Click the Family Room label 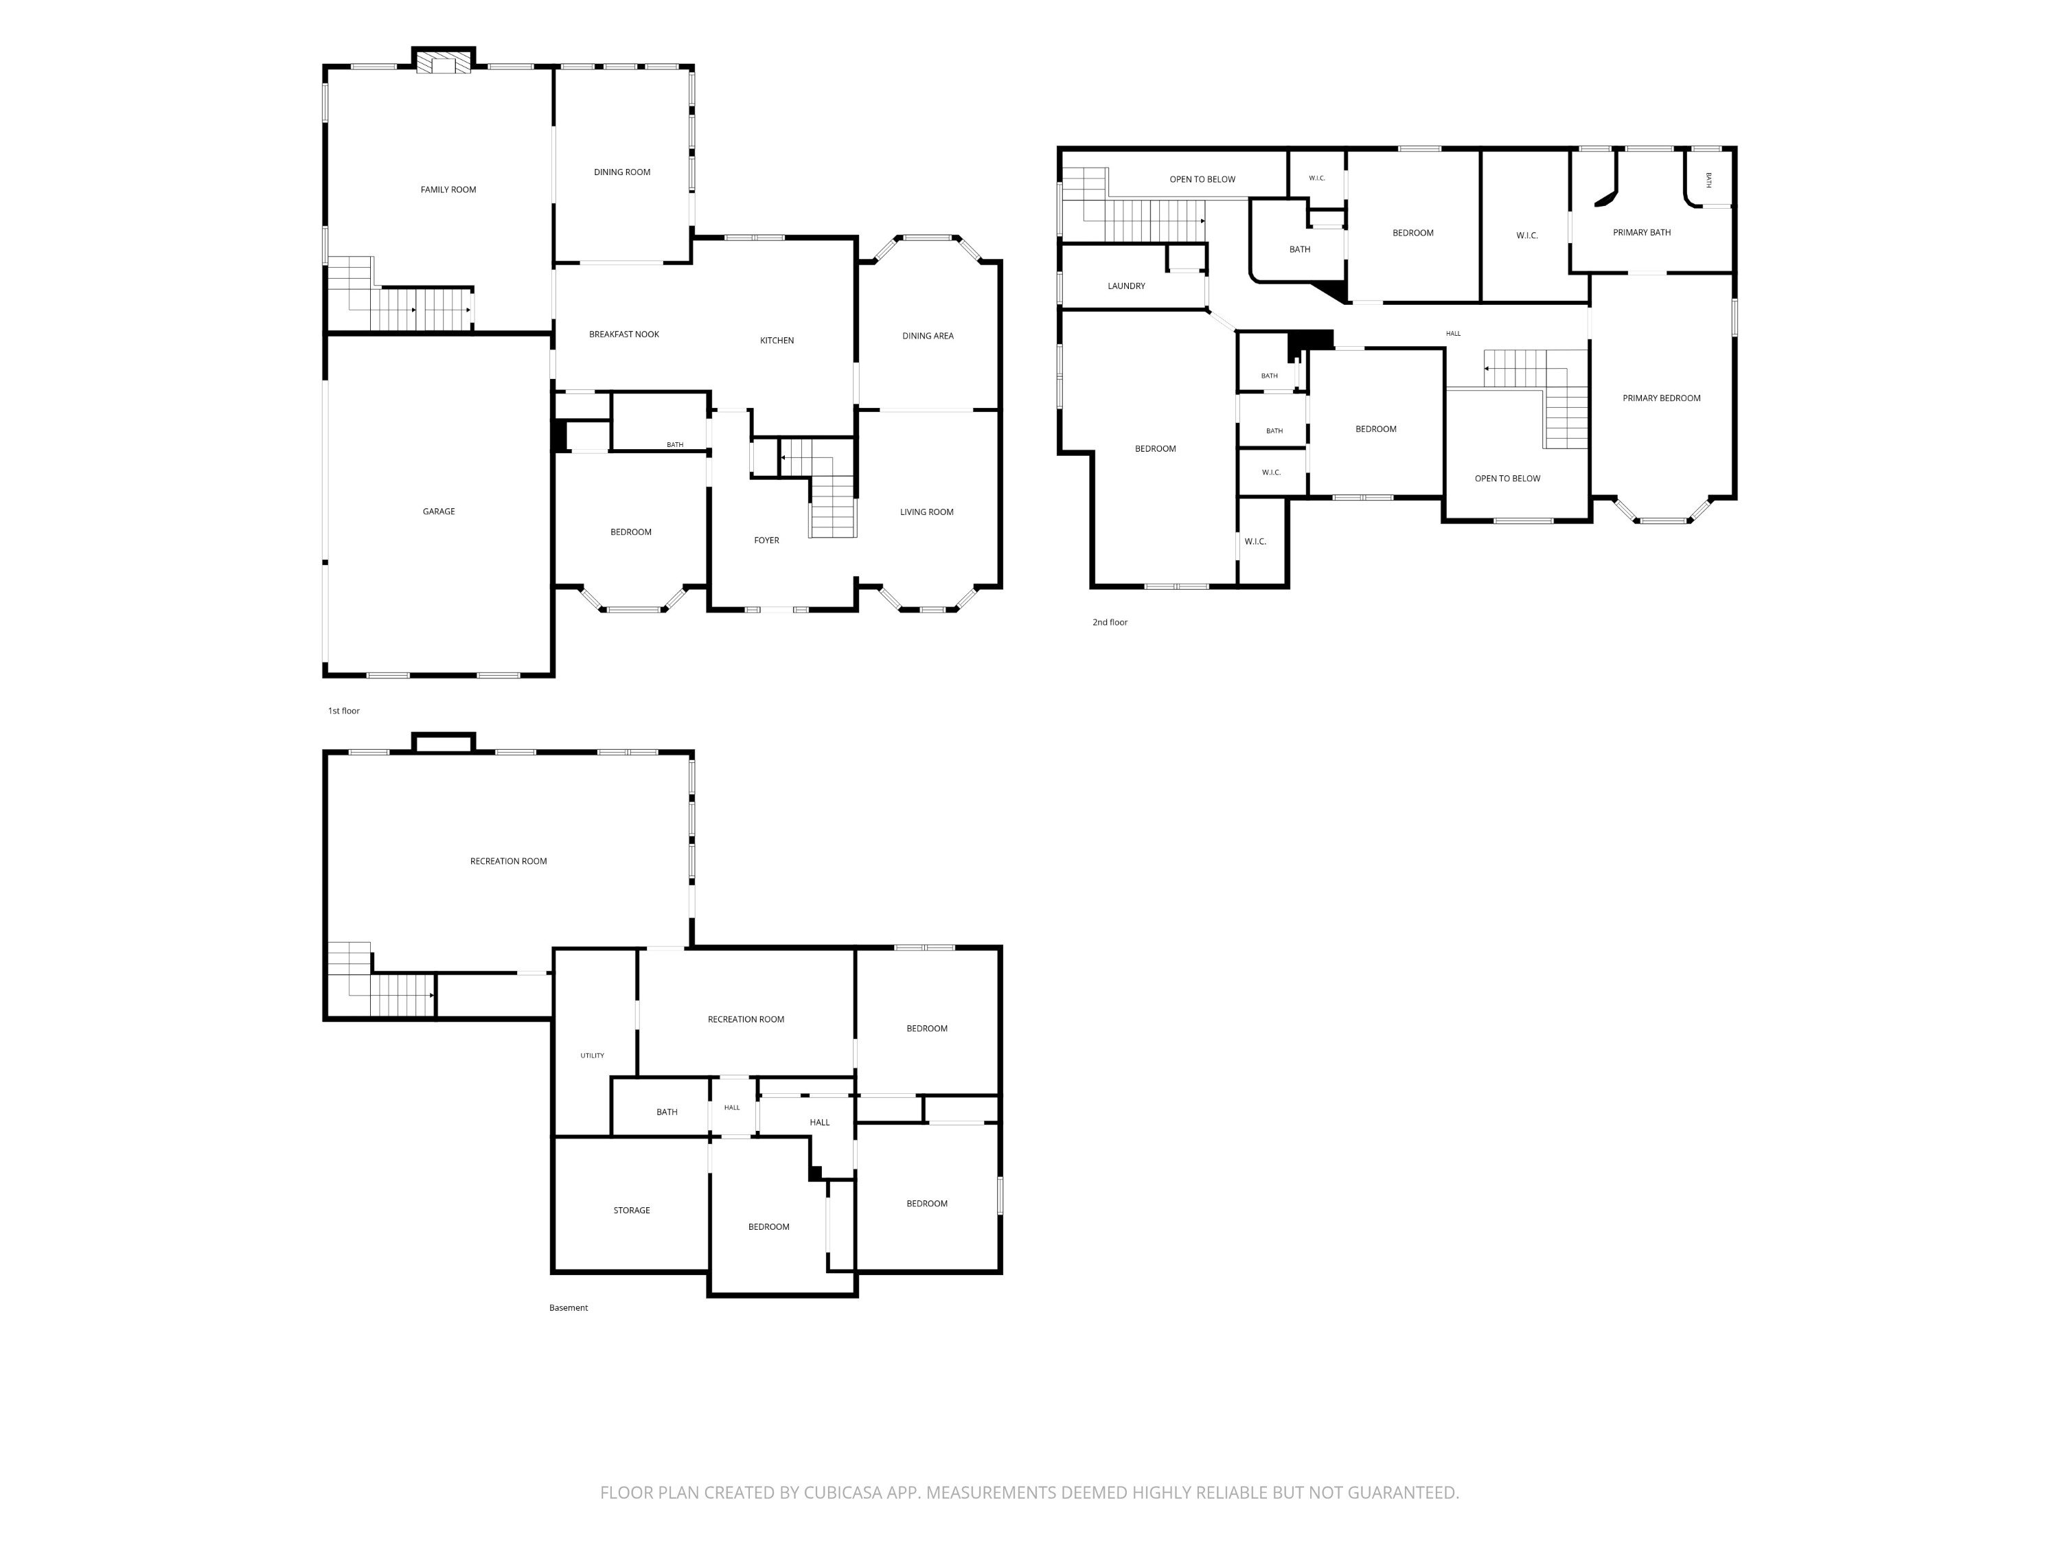point(448,190)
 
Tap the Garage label point(439,512)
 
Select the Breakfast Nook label point(624,334)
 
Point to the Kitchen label point(777,341)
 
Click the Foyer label point(766,540)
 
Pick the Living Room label point(926,512)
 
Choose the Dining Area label point(928,336)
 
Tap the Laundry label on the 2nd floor point(1126,286)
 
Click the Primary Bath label point(1642,233)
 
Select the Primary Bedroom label point(1662,398)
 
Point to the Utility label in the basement point(593,1055)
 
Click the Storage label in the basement point(632,1211)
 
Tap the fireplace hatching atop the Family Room point(444,62)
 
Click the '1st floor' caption point(343,711)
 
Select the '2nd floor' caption point(1110,622)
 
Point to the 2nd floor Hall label point(1453,334)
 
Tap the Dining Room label point(622,172)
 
